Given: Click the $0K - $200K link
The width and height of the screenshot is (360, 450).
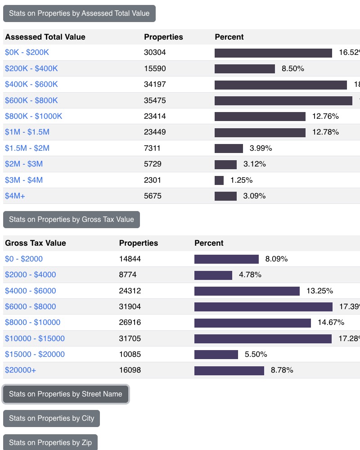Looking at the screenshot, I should point(27,53).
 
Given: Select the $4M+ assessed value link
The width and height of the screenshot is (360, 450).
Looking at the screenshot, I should point(15,196).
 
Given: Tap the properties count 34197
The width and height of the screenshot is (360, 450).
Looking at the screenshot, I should point(155,85).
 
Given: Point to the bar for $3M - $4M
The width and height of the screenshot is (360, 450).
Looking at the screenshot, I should point(219,180).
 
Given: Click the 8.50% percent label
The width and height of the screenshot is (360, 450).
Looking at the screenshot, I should point(293,69).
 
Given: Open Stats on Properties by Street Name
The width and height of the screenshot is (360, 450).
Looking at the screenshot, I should point(66,394).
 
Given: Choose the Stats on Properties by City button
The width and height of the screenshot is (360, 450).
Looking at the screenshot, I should point(51,418).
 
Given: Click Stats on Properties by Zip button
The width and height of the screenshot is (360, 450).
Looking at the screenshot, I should point(50,442).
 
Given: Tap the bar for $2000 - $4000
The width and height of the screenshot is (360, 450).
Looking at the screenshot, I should point(213,275).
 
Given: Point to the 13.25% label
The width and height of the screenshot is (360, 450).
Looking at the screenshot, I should point(319,291).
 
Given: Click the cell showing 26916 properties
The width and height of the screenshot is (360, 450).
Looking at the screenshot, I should point(130,323).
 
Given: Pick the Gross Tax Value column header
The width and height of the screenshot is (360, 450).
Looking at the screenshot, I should point(36,243).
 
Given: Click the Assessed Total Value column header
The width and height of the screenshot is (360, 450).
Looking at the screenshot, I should point(45,37).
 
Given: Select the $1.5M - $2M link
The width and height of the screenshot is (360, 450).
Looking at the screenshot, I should point(27,148).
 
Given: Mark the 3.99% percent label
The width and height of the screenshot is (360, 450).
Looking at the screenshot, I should point(261,148).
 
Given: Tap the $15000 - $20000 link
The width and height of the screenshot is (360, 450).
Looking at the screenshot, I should point(35,355).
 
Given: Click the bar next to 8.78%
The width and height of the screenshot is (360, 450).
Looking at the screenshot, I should point(229,371).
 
